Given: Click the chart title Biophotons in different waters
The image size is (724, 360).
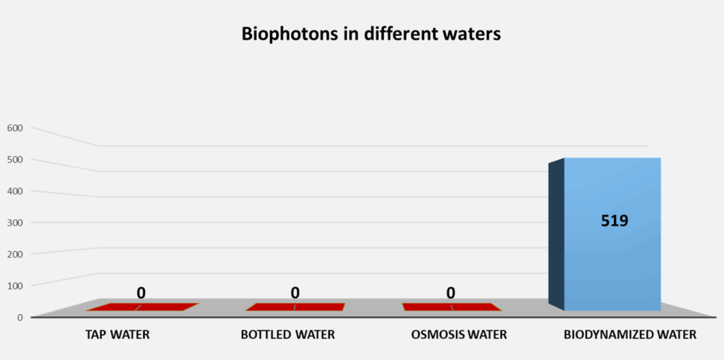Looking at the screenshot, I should (x=370, y=34).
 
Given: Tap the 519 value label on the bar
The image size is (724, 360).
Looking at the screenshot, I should (x=614, y=221).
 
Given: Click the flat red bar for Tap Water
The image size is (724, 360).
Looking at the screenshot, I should (x=142, y=307).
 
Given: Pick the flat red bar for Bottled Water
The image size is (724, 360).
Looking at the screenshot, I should (x=295, y=307).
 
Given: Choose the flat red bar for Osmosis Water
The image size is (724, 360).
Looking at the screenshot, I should (x=451, y=307).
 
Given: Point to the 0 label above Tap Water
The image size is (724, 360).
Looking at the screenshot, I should (x=141, y=292).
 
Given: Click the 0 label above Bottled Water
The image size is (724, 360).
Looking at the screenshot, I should (x=295, y=292).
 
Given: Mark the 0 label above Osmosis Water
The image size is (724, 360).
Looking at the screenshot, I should (x=450, y=292).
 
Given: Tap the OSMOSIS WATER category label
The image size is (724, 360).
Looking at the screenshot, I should (x=459, y=335).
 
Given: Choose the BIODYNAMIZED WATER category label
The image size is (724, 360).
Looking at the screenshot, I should (x=630, y=335).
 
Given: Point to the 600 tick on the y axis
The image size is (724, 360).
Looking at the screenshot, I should (x=16, y=128).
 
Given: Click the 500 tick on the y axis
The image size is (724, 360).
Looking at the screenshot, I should (x=16, y=159).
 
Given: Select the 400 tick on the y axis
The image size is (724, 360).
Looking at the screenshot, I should (x=16, y=191).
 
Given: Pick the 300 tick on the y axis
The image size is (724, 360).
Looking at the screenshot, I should (x=16, y=222).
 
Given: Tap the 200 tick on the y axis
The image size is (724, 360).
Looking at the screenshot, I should (x=16, y=254).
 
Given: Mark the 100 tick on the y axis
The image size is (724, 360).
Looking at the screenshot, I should (x=16, y=285).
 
